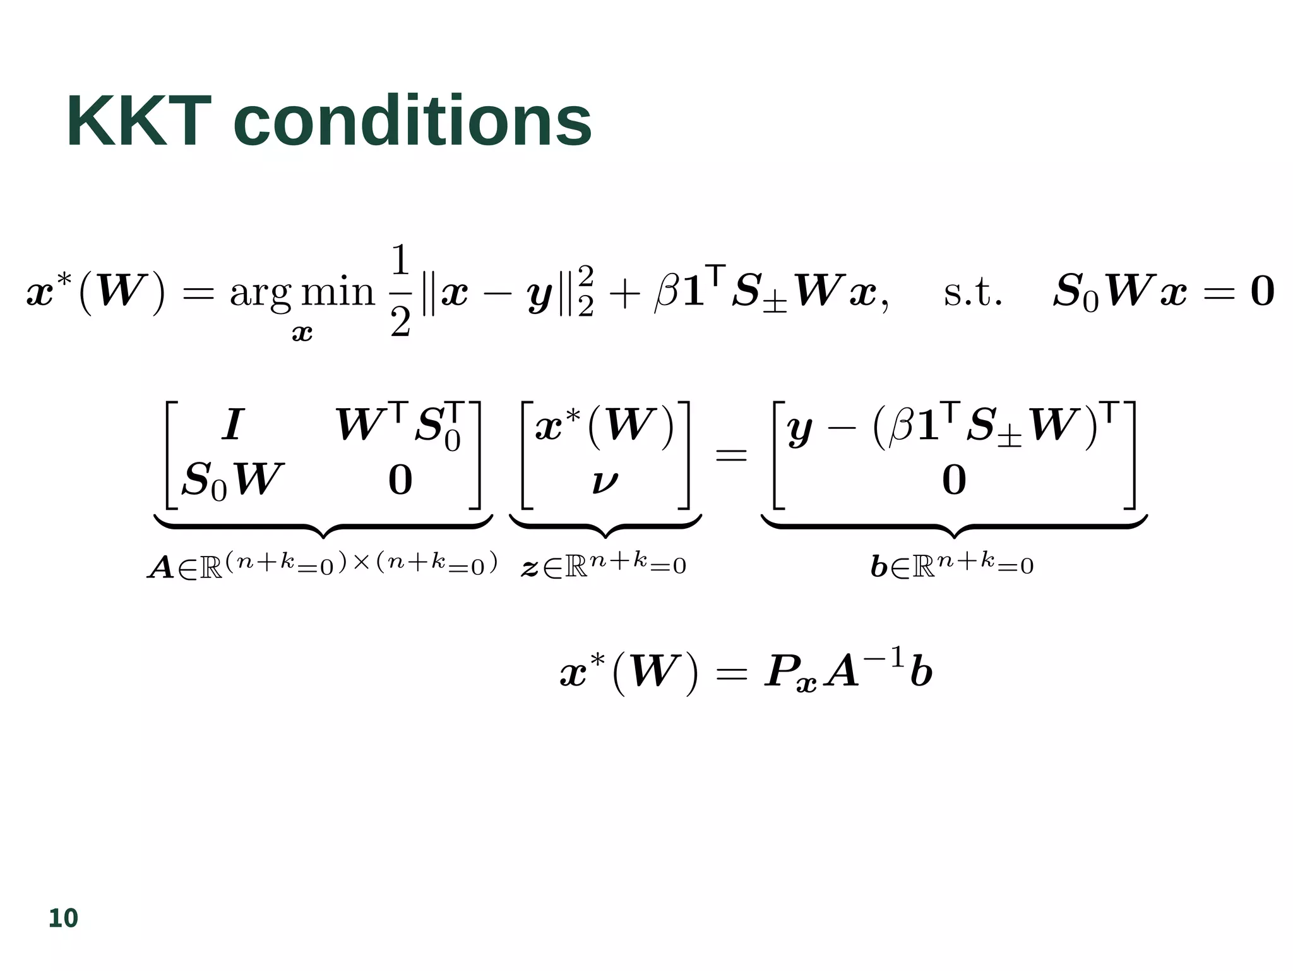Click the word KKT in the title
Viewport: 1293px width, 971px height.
(x=138, y=121)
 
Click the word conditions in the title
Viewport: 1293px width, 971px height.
(x=412, y=121)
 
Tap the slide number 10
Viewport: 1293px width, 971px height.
(x=63, y=918)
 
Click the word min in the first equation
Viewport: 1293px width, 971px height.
(x=338, y=292)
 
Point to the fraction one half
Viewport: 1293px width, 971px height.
(x=401, y=292)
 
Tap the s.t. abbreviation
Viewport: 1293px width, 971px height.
(x=972, y=293)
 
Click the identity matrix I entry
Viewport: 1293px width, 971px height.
(x=232, y=425)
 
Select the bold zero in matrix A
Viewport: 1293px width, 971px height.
(x=400, y=480)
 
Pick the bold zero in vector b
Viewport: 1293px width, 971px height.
(x=954, y=480)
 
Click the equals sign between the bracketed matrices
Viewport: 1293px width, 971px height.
(x=731, y=454)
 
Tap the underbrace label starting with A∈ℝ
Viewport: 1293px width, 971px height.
(x=323, y=564)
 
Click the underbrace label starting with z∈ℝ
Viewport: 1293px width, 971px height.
(x=604, y=564)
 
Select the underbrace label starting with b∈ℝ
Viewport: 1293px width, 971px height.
(x=952, y=564)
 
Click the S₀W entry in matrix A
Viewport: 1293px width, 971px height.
(x=232, y=480)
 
